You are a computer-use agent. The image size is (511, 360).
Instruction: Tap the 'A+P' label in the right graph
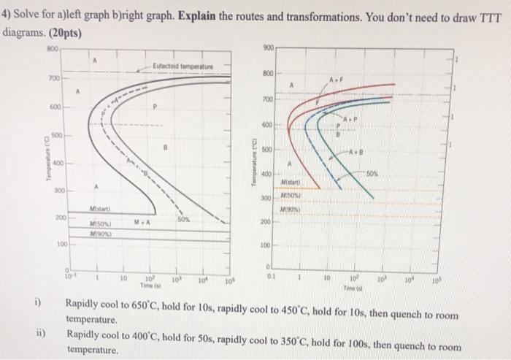point(354,119)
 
